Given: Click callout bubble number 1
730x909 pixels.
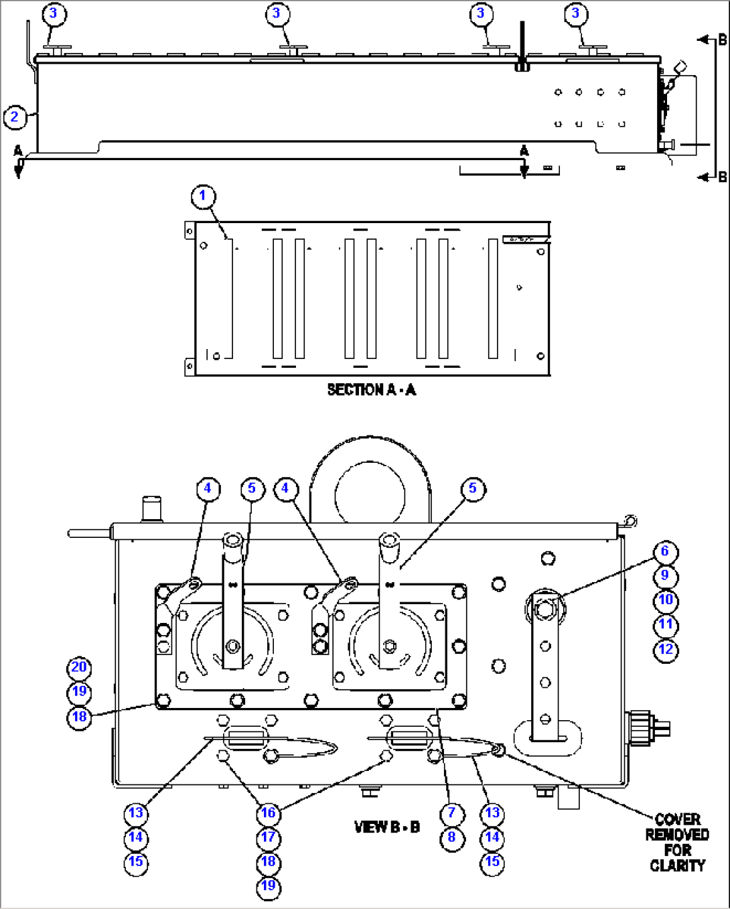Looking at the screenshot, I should (x=203, y=196).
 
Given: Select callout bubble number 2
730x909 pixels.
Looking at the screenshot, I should (x=15, y=117).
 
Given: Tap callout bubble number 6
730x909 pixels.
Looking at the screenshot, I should (x=665, y=551).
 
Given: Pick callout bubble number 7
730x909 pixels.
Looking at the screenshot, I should (x=452, y=813).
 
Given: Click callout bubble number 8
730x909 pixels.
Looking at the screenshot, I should (x=452, y=838).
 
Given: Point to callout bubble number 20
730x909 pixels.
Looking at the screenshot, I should (x=79, y=667).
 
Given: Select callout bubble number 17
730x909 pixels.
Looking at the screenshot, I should (x=269, y=838).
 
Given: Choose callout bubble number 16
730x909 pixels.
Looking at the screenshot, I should (x=269, y=813).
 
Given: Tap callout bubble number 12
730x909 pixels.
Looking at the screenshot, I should (x=666, y=650).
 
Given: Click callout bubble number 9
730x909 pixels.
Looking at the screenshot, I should (x=665, y=576).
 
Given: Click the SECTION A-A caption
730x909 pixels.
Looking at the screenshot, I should (x=371, y=390).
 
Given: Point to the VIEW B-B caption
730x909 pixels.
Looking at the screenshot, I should (x=386, y=827).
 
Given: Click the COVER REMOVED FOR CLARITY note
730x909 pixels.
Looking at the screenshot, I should (x=677, y=842).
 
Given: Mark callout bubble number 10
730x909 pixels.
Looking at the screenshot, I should (x=666, y=600).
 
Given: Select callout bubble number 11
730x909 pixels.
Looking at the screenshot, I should (x=666, y=625).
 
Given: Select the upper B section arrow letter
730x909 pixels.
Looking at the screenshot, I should (x=722, y=40).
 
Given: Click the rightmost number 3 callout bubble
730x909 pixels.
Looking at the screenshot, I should (x=575, y=14).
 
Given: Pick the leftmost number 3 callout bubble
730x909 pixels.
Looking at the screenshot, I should (x=53, y=14).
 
